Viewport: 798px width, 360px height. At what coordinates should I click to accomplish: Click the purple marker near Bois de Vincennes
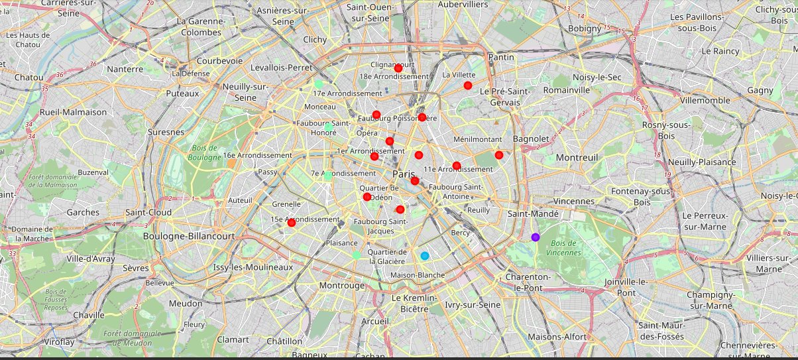[x=536, y=237]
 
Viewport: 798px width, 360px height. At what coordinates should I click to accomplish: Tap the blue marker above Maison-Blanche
[x=425, y=256]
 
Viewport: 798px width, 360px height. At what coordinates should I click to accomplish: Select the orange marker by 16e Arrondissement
[x=231, y=162]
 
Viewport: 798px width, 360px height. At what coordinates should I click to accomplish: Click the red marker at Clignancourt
[x=398, y=68]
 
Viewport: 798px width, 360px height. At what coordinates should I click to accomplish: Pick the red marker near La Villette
[x=468, y=86]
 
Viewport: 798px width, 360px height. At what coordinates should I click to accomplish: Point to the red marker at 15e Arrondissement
[x=291, y=223]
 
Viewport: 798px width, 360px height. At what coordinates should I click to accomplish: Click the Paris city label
[x=404, y=174]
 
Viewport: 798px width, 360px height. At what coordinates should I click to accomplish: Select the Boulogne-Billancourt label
[x=190, y=236]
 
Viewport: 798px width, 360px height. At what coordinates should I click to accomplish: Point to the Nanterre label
[x=125, y=69]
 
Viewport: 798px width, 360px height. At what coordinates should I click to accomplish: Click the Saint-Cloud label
[x=148, y=213]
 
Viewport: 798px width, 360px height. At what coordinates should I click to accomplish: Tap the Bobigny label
[x=584, y=29]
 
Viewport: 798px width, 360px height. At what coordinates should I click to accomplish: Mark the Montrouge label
[x=341, y=286]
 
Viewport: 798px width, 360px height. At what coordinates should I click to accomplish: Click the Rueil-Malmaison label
[x=73, y=112]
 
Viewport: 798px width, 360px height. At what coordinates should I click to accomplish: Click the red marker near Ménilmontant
[x=499, y=155]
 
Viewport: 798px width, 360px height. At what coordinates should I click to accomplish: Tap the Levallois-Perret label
[x=281, y=68]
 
